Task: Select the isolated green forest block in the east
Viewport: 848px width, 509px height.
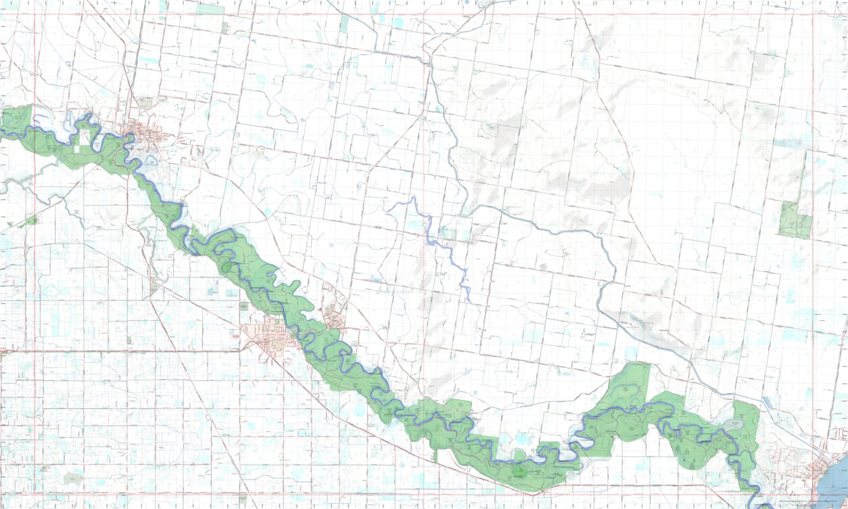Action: click(x=795, y=220)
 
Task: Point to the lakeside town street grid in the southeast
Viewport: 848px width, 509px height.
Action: click(x=822, y=467)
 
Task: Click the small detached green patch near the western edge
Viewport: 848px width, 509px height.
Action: click(x=28, y=221)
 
